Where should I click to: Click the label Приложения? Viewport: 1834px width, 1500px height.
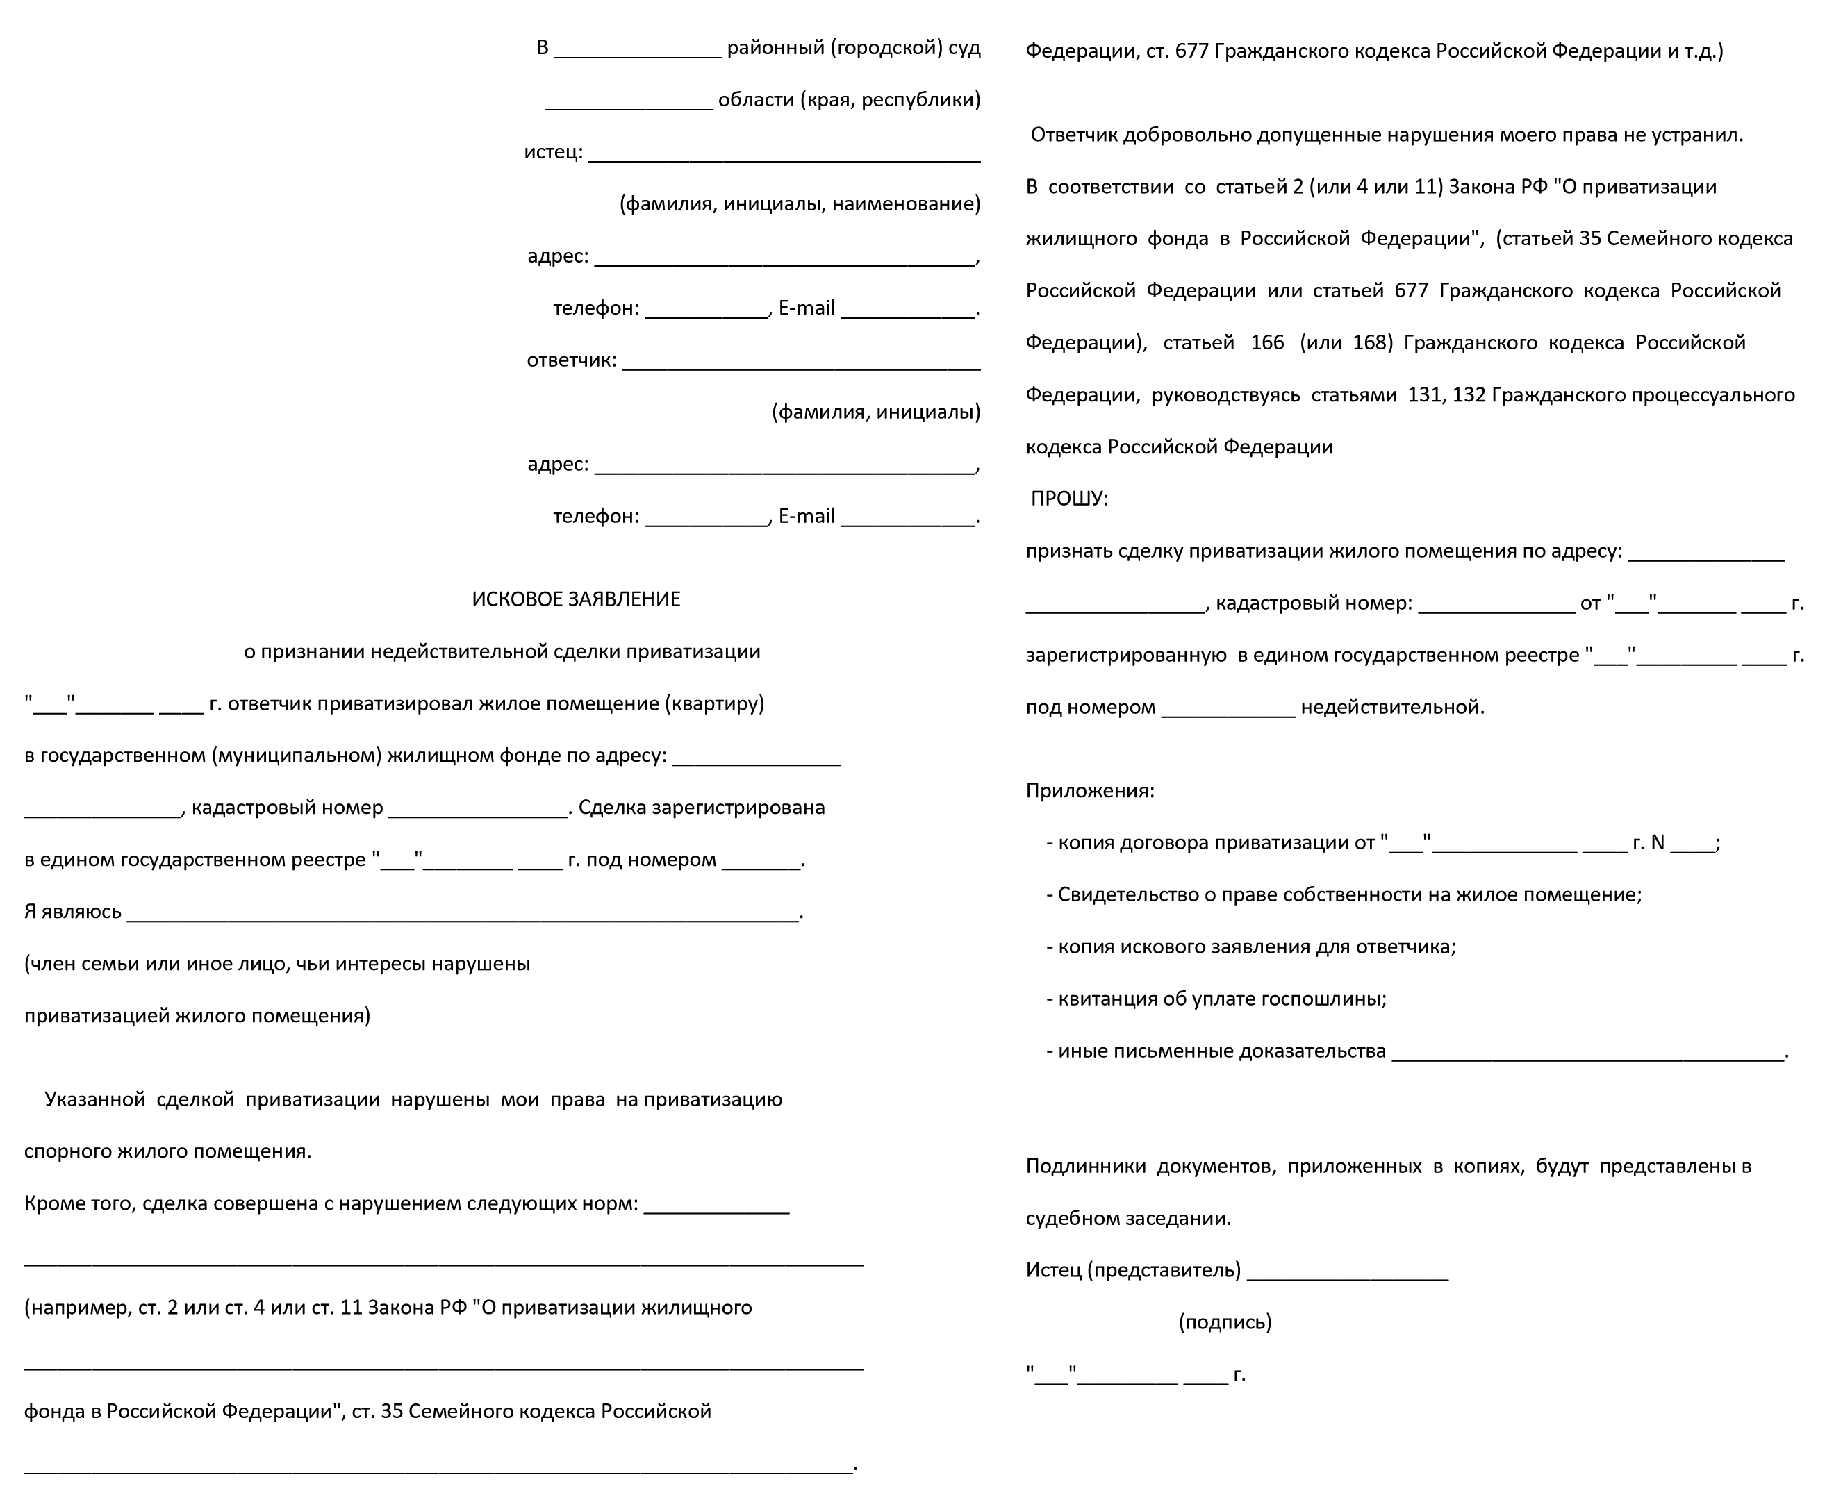pyautogui.click(x=1089, y=790)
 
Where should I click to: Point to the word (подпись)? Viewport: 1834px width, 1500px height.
pyautogui.click(x=1225, y=1322)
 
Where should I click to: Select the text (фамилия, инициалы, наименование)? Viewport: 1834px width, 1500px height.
pyautogui.click(x=800, y=204)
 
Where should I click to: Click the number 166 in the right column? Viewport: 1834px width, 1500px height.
pyautogui.click(x=1267, y=343)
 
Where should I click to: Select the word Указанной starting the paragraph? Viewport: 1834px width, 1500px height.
pyautogui.click(x=95, y=1100)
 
